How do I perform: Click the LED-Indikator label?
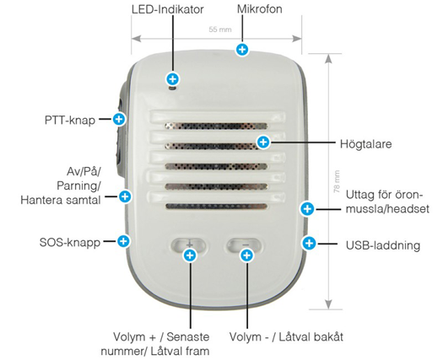click(168, 9)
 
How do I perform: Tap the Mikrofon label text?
click(259, 9)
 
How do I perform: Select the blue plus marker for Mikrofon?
click(242, 50)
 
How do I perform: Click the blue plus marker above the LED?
click(173, 79)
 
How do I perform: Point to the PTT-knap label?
click(70, 121)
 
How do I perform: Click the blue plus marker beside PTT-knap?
click(119, 119)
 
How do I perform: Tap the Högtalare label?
click(366, 144)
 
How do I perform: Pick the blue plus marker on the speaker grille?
click(263, 142)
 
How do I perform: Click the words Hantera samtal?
click(61, 200)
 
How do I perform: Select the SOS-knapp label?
click(70, 243)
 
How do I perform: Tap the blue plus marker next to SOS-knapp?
click(123, 241)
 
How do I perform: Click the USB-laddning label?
click(383, 245)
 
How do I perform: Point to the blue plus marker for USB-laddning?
click(309, 243)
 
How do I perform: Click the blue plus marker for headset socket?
click(307, 209)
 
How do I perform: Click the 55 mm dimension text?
click(220, 30)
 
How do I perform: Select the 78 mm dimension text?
click(337, 182)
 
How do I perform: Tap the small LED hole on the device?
click(172, 89)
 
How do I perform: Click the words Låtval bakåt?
click(311, 337)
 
